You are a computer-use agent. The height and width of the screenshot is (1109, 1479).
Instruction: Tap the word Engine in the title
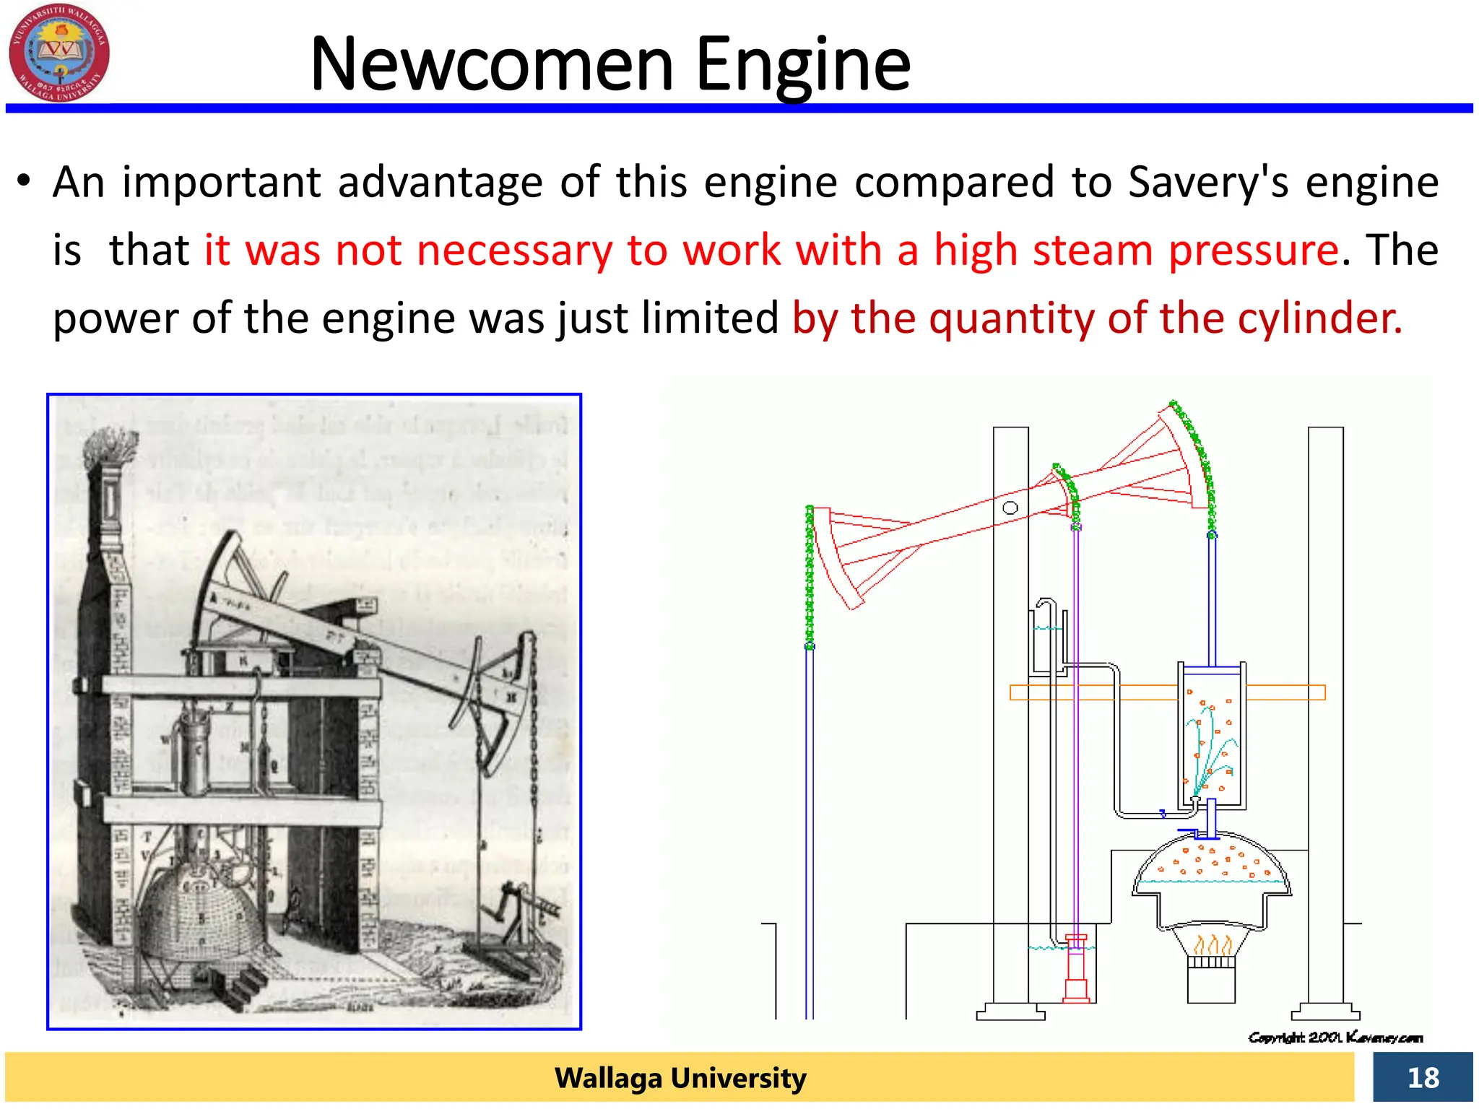[802, 66]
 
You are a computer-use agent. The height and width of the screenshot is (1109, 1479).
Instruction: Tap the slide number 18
[1422, 1078]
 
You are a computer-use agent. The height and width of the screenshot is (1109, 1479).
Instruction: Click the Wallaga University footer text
[680, 1078]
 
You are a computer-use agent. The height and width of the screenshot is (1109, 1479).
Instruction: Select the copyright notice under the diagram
[1335, 1038]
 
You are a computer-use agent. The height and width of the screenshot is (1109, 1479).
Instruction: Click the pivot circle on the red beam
[1010, 508]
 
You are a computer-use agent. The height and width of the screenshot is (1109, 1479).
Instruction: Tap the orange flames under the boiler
[1212, 944]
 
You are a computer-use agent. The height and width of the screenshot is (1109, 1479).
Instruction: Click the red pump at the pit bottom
[1076, 971]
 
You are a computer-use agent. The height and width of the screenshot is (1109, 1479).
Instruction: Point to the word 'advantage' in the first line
[440, 182]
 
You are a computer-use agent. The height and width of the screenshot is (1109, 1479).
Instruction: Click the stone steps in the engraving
[246, 986]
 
